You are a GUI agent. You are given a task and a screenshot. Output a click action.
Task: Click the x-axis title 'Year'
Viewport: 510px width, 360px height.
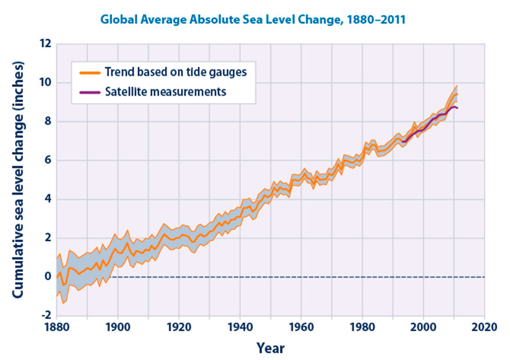[271, 348]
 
